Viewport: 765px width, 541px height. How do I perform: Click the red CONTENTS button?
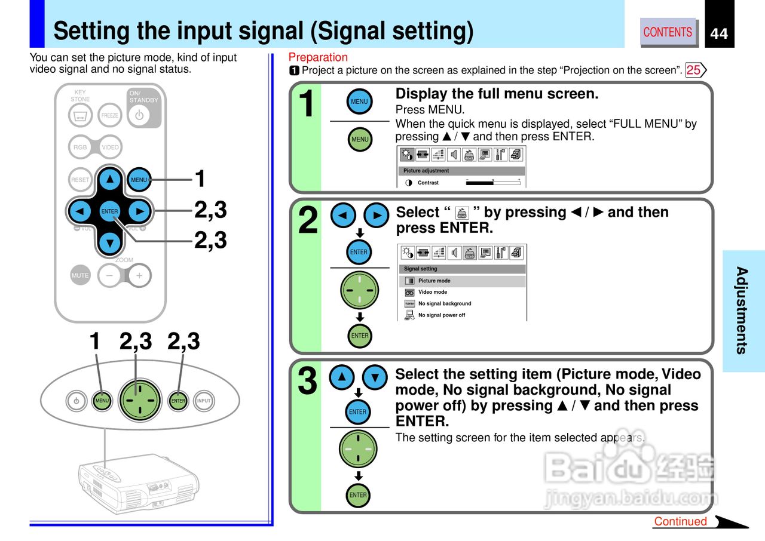click(668, 32)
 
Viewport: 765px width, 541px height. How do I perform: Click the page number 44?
click(719, 34)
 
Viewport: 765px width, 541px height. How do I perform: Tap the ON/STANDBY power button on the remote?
click(139, 115)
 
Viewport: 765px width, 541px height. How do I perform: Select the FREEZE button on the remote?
click(110, 115)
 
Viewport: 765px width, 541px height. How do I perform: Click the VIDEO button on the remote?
click(110, 147)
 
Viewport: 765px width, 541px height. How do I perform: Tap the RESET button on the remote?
click(80, 180)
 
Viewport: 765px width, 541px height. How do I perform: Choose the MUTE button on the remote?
click(80, 275)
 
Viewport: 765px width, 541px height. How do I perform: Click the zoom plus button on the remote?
click(139, 275)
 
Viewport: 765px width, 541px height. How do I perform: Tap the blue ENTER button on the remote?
click(109, 211)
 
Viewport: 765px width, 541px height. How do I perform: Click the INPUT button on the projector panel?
click(204, 401)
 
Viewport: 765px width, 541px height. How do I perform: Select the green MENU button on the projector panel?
click(102, 401)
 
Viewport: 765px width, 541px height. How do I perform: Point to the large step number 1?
click(306, 104)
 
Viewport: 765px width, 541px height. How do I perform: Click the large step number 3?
click(307, 382)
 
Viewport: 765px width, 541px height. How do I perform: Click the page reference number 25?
click(694, 70)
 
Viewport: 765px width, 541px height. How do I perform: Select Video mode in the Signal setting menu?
click(433, 292)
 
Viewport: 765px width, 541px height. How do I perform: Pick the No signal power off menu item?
click(441, 315)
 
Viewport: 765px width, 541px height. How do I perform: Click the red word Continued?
click(680, 521)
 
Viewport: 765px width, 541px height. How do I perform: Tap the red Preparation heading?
click(318, 57)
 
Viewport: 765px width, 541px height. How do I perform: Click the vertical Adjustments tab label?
click(742, 311)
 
